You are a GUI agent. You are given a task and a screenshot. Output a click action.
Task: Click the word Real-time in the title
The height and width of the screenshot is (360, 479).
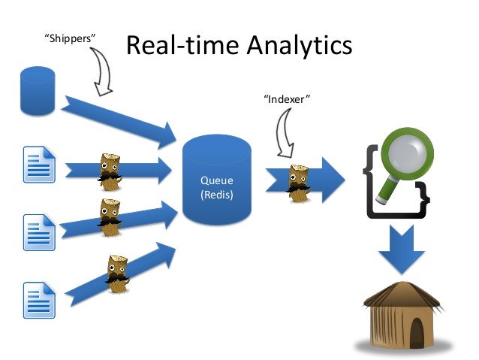[x=176, y=46]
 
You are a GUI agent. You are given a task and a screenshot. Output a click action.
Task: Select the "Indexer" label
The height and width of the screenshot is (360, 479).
[x=288, y=98]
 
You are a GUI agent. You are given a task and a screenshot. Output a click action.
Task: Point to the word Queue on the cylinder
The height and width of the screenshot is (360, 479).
[x=216, y=181]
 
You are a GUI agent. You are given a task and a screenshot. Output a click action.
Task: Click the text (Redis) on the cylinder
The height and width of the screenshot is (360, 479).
[x=216, y=195]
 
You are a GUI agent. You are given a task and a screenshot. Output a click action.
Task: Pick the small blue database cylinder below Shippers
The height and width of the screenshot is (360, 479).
[x=38, y=90]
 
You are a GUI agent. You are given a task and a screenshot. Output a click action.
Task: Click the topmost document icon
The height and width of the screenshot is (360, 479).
[x=39, y=165]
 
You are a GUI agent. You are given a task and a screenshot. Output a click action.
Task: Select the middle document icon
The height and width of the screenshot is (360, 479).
[x=39, y=231]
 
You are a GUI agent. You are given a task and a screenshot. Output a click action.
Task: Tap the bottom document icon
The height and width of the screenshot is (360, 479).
[x=39, y=298]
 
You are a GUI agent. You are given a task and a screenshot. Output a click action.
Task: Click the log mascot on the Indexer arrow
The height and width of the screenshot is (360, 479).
[x=299, y=183]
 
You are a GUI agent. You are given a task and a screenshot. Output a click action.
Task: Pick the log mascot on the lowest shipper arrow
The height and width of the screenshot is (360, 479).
[x=116, y=273]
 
